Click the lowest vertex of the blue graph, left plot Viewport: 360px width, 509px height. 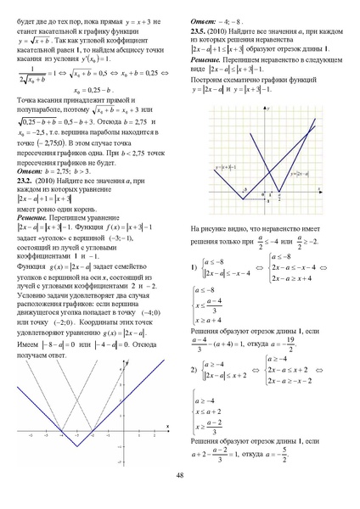76,445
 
